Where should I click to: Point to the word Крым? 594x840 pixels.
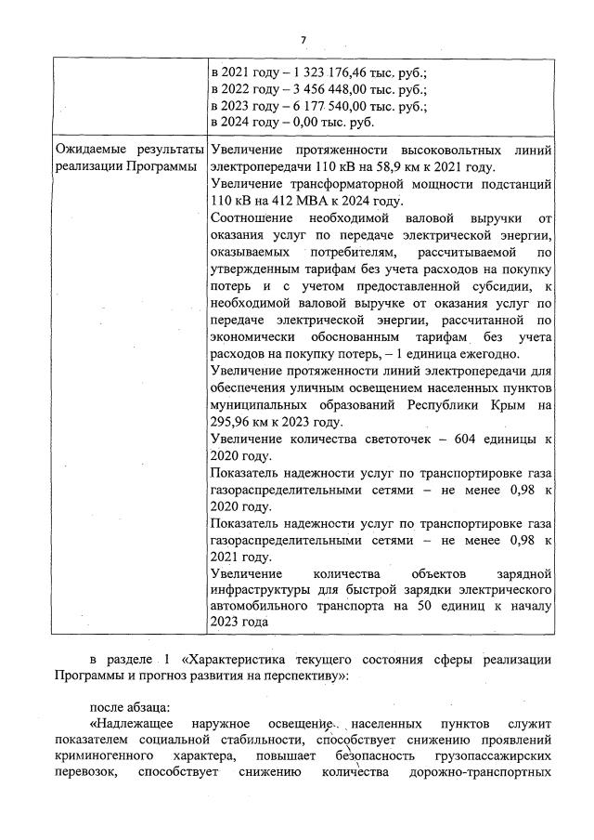coord(507,405)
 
